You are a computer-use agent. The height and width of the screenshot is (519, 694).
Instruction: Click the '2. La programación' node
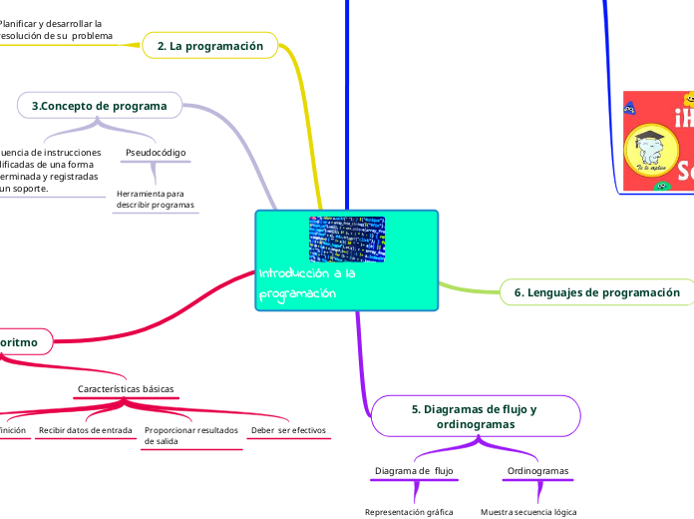point(210,46)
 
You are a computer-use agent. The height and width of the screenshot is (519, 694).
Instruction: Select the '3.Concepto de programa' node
point(99,105)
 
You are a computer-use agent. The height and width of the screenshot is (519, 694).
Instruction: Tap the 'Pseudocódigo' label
point(156,153)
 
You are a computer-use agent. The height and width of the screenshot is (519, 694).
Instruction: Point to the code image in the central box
point(346,240)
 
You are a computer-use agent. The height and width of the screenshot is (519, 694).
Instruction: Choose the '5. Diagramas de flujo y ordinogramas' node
point(474,416)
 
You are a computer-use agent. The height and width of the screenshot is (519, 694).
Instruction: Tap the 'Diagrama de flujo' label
point(414,470)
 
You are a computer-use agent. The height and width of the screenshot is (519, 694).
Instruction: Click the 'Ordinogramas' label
point(538,470)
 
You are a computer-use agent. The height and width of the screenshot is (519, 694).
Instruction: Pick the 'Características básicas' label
point(126,388)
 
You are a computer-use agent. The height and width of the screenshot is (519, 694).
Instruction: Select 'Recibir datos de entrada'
point(85,430)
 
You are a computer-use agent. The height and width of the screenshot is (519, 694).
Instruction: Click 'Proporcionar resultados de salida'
point(191,435)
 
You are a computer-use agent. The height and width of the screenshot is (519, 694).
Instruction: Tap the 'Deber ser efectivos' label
point(288,430)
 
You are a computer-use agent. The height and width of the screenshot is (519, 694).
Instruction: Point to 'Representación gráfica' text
point(409,511)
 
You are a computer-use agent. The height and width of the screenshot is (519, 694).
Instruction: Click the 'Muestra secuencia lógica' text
point(528,511)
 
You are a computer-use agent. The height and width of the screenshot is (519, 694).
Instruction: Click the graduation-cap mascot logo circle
point(650,153)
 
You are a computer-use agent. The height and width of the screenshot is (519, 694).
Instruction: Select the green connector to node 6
point(469,286)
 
